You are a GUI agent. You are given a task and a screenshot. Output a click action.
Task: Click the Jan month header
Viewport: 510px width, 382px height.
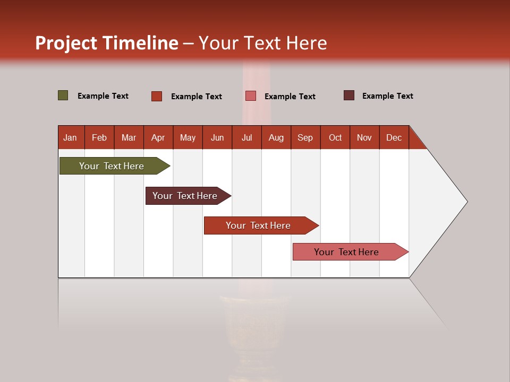tap(70, 137)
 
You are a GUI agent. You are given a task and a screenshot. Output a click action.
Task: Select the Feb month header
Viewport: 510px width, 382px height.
tap(99, 137)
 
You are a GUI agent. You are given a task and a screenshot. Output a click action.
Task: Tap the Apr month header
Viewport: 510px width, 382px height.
tap(158, 137)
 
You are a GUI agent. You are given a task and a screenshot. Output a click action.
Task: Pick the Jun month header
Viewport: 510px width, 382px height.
tap(217, 137)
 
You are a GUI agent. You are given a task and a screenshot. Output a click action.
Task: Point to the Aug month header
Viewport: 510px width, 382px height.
tap(276, 137)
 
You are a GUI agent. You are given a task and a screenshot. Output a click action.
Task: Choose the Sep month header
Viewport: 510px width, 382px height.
tap(305, 137)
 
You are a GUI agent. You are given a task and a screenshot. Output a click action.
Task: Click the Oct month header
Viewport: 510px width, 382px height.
tap(335, 137)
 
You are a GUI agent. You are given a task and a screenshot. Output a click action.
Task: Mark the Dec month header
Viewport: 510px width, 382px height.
tap(394, 137)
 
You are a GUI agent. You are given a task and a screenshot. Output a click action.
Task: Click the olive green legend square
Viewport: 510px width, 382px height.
tap(63, 95)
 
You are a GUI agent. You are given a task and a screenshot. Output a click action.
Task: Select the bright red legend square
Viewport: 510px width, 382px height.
tap(157, 96)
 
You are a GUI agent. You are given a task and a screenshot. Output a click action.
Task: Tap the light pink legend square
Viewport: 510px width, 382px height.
tap(251, 96)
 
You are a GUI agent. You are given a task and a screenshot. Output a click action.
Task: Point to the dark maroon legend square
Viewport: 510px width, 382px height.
tap(349, 95)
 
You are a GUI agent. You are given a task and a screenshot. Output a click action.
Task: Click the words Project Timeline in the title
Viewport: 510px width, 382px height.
tap(106, 43)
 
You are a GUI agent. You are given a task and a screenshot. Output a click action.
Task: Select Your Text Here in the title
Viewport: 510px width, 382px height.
tap(262, 43)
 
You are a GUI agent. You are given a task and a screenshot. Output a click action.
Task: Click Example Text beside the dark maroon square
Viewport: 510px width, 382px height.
tap(387, 96)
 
